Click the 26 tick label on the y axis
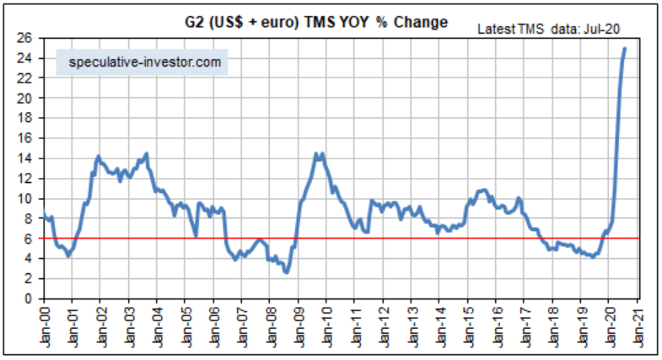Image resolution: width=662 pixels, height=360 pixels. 27,38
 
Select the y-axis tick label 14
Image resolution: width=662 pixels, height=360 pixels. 27,159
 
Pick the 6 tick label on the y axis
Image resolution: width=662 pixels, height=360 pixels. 30,239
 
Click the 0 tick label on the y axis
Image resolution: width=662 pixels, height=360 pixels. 30,298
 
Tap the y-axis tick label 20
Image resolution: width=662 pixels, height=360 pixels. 27,98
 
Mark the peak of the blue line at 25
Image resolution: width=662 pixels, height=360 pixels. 625,48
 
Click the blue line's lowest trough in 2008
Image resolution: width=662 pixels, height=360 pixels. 287,271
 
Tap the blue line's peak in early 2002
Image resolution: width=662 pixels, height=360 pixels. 99,156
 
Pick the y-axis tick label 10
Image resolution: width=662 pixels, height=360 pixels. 27,198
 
